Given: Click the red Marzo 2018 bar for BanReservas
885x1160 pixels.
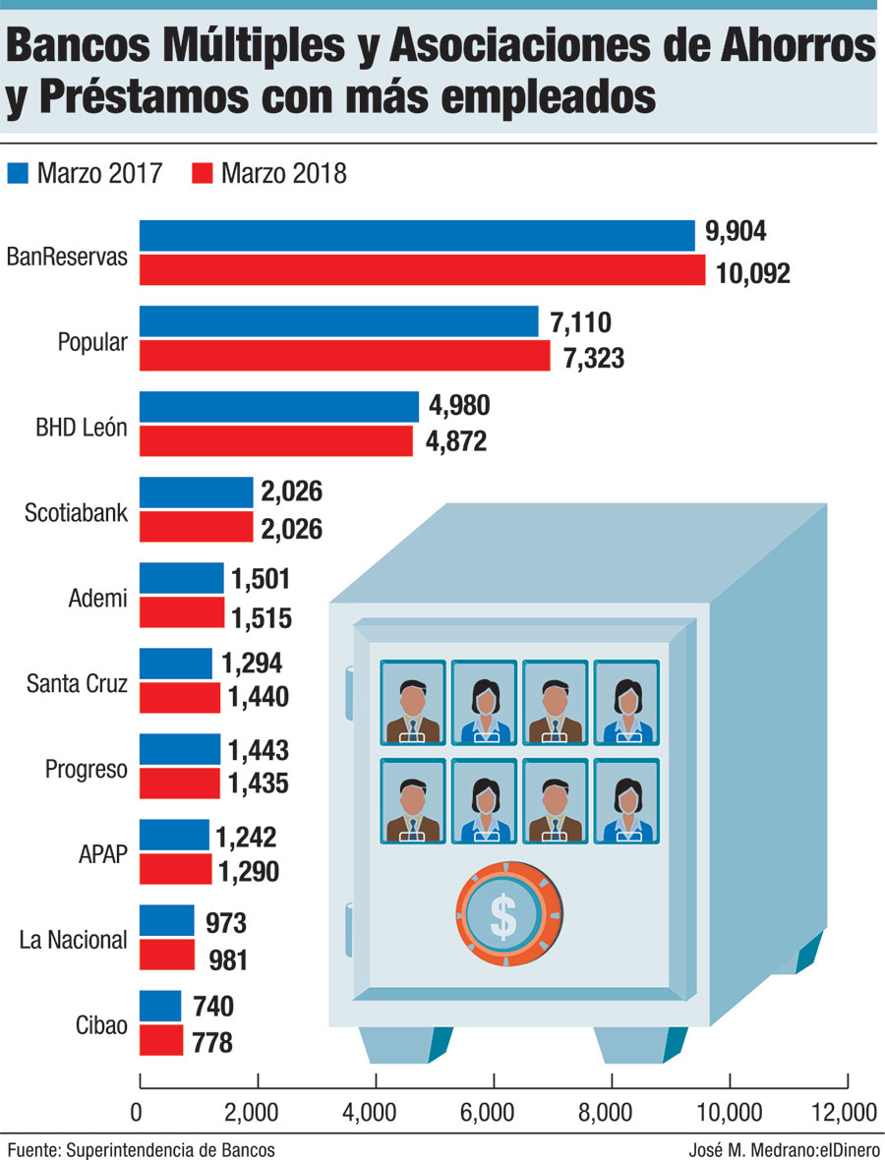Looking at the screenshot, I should [x=423, y=270].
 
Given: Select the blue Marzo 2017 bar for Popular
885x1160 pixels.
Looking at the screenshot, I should [x=339, y=321].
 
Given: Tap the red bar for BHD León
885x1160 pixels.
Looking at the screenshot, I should [x=276, y=441].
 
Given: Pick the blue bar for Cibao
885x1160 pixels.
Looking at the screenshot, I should [x=161, y=1006].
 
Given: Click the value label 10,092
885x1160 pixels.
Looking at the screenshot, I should [x=754, y=272].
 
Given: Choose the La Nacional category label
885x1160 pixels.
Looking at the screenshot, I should [x=74, y=940].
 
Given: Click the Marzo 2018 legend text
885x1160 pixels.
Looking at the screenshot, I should [x=284, y=174].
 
